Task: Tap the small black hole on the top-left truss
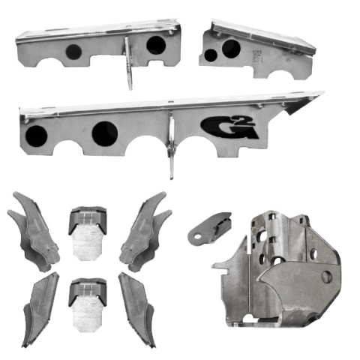coord(73,52)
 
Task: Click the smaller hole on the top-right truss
coord(211,55)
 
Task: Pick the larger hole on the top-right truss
coord(231,49)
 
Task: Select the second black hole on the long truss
coord(104,133)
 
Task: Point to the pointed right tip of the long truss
coord(320,94)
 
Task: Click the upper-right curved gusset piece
coord(143,229)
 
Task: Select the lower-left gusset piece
coord(39,307)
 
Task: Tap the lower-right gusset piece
coord(136,307)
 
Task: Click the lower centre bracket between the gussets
coord(88,304)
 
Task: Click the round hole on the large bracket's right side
coord(326,277)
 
